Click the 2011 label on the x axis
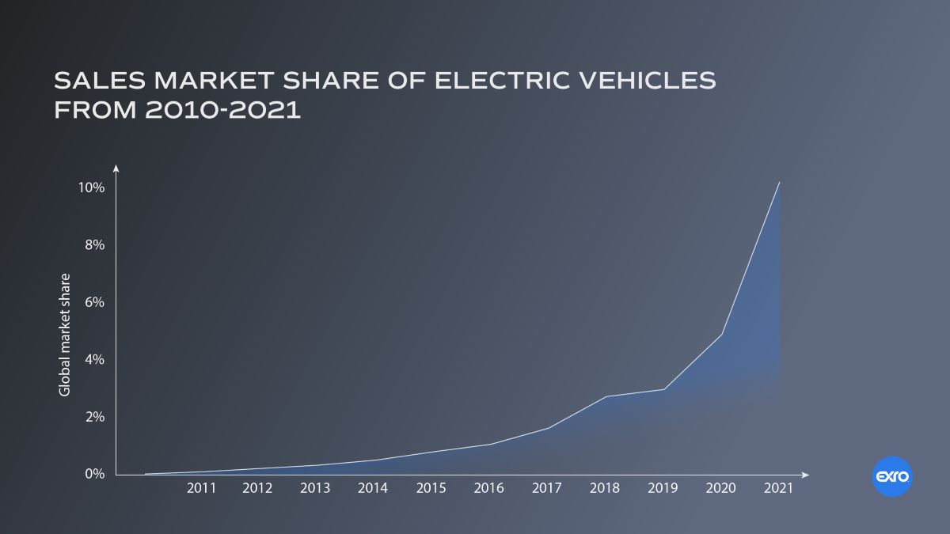pos(201,488)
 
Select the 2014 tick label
pos(372,488)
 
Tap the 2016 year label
pos(488,488)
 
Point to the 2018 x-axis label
pos(605,488)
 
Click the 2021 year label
pos(778,488)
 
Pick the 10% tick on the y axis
pos(91,187)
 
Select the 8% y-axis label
pos(94,245)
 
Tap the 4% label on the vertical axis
pos(94,359)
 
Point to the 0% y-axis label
pos(94,474)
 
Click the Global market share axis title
pos(65,335)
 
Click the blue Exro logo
pos(892,477)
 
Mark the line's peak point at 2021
pos(780,183)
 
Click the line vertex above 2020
pos(722,335)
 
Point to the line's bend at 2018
pos(606,396)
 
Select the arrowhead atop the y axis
pos(116,168)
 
